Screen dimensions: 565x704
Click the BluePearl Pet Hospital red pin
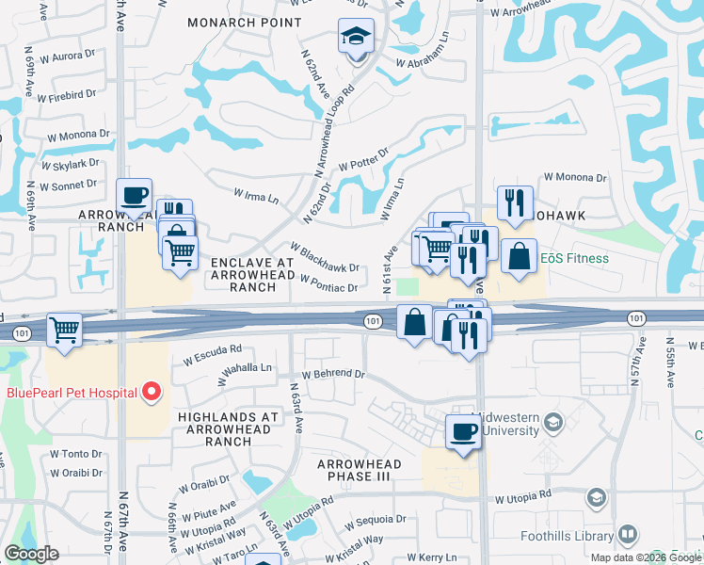[x=150, y=393]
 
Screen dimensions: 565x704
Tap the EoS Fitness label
[x=575, y=258]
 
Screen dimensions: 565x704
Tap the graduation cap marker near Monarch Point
[x=356, y=37]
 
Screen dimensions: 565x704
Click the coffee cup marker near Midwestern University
[x=462, y=431]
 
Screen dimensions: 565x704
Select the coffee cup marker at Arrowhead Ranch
[x=134, y=196]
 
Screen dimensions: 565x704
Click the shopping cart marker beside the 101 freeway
[x=64, y=330]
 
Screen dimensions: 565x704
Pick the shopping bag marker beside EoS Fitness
[x=519, y=255]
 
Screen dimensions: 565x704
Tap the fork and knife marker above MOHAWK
[x=514, y=202]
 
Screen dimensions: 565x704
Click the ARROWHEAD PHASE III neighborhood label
[x=360, y=471]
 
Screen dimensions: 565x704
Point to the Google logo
[x=31, y=554]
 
